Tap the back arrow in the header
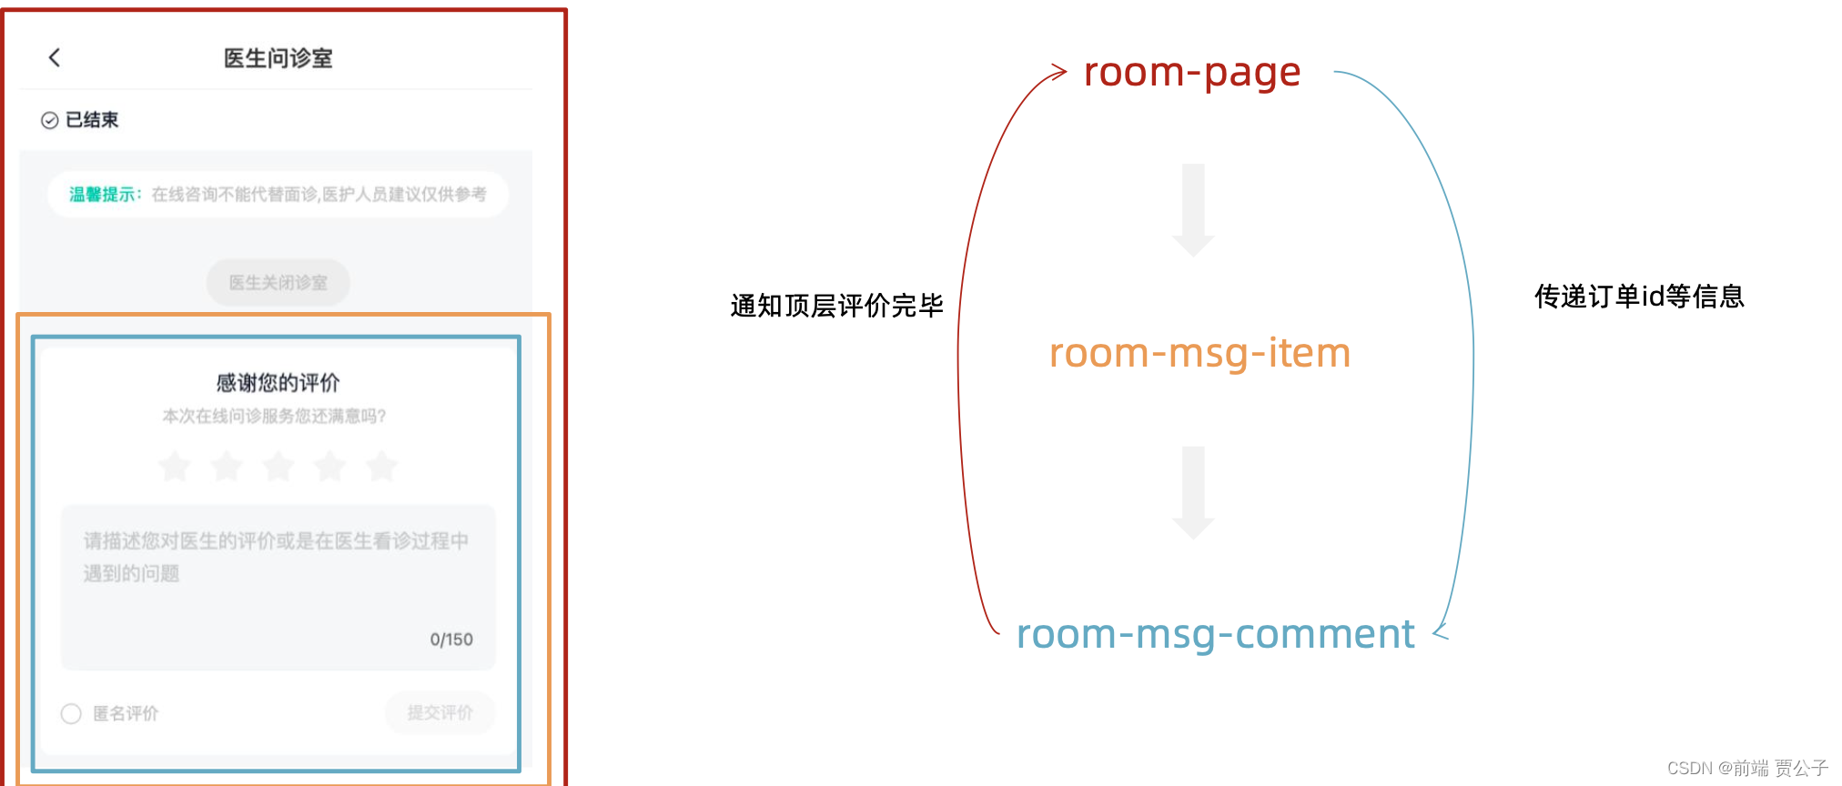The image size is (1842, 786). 55,58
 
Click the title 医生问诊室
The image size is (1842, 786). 278,58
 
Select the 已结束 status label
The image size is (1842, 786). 91,120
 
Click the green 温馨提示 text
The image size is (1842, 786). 103,195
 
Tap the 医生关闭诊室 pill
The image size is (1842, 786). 278,283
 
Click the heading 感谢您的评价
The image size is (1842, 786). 278,382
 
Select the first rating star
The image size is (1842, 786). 174,467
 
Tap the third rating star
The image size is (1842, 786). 278,467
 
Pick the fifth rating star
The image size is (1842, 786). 381,467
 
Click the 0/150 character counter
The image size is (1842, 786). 451,640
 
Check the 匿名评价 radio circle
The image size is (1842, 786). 71,713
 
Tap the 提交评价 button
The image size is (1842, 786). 440,712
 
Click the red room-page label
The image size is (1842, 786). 1192,73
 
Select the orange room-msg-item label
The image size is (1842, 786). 1199,353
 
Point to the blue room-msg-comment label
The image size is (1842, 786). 1215,634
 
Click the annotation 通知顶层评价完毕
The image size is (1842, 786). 836,306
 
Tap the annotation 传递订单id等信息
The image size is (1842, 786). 1639,297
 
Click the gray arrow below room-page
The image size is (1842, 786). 1193,210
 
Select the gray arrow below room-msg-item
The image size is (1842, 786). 1193,492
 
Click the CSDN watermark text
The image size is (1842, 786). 1746,768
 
